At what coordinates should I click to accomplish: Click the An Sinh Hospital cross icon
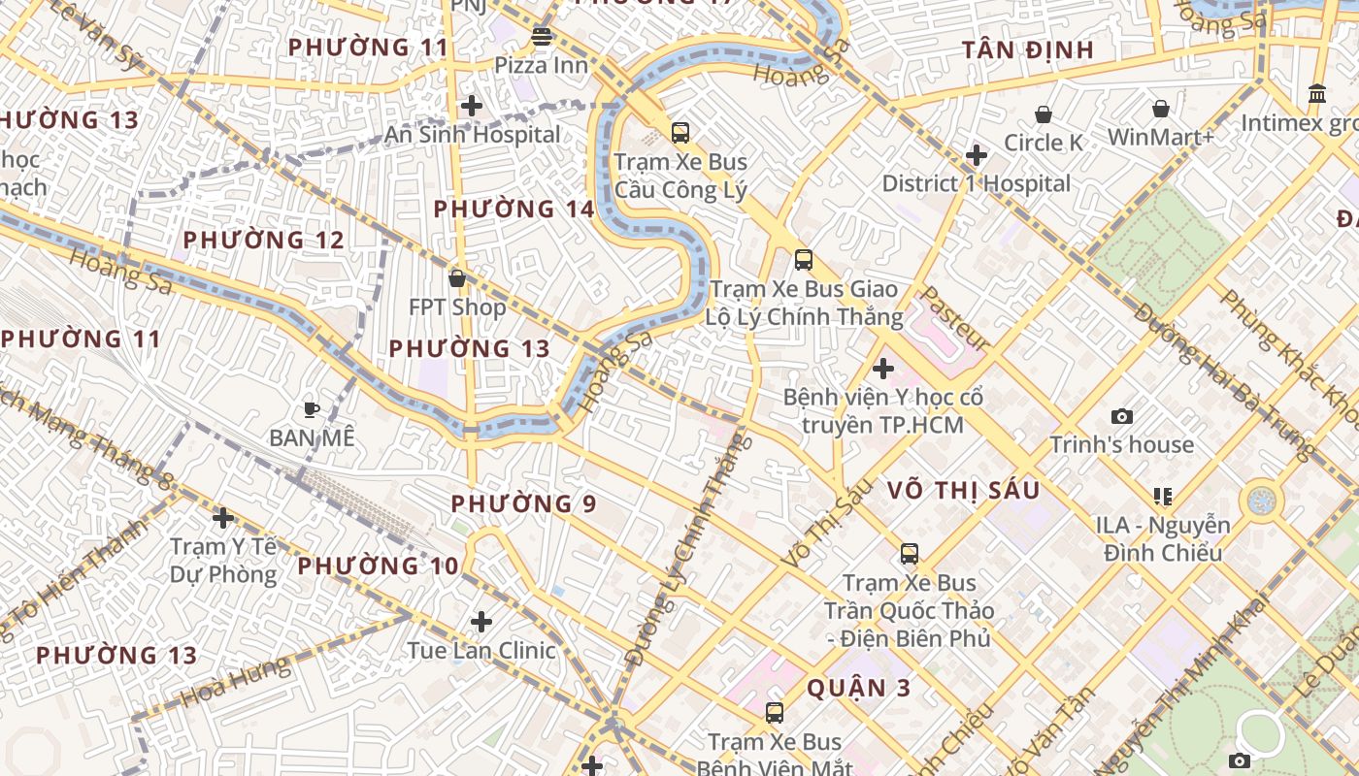[x=472, y=106]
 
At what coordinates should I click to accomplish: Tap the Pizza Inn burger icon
[x=542, y=38]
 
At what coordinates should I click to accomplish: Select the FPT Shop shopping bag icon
[x=457, y=279]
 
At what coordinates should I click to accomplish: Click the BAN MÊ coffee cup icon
[x=312, y=409]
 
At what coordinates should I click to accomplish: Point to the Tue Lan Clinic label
[x=481, y=650]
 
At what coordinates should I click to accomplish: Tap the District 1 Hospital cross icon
[x=977, y=155]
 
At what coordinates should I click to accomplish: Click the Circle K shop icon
[x=1044, y=114]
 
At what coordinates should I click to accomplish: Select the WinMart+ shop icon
[x=1161, y=109]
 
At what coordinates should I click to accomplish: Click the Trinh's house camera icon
[x=1122, y=417]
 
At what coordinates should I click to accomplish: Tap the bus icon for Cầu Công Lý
[x=680, y=133]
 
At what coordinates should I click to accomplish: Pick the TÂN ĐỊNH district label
[x=1028, y=50]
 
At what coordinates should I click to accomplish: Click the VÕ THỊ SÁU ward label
[x=964, y=490]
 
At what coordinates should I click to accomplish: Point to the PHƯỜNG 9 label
[x=524, y=503]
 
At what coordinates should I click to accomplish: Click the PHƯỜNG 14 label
[x=514, y=209]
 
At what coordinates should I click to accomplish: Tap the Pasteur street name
[x=953, y=317]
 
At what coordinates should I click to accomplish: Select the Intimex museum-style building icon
[x=1318, y=94]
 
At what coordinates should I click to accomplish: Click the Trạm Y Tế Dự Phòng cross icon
[x=223, y=518]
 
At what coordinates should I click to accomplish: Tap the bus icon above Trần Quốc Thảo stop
[x=910, y=554]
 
